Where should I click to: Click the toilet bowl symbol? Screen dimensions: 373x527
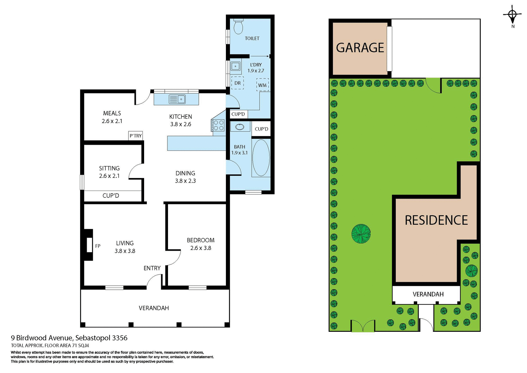coord(238,27)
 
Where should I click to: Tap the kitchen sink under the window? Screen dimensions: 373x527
coord(177,99)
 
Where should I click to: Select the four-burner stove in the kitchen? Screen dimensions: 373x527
coord(218,125)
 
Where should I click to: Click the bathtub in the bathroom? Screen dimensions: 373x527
coord(261,158)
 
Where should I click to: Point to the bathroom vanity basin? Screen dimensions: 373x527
coord(240,127)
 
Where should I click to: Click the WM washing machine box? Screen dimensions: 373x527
coord(262,85)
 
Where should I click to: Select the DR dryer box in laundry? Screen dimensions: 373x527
coord(237,83)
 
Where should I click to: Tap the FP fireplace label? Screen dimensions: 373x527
coord(98,246)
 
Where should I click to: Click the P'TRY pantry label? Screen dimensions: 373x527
coord(136,136)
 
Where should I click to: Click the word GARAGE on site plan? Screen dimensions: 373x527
coord(360,48)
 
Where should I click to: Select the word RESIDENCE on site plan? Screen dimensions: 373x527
coord(436,220)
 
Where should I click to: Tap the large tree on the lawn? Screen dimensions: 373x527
coord(361,234)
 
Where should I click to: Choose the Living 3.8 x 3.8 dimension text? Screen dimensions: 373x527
coord(125,251)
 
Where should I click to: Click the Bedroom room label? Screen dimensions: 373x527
coord(200,240)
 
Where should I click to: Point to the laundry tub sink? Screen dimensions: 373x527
coord(236,66)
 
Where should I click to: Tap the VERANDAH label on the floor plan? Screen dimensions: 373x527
coord(154,308)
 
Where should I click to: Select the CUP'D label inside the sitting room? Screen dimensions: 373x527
coord(111,196)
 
